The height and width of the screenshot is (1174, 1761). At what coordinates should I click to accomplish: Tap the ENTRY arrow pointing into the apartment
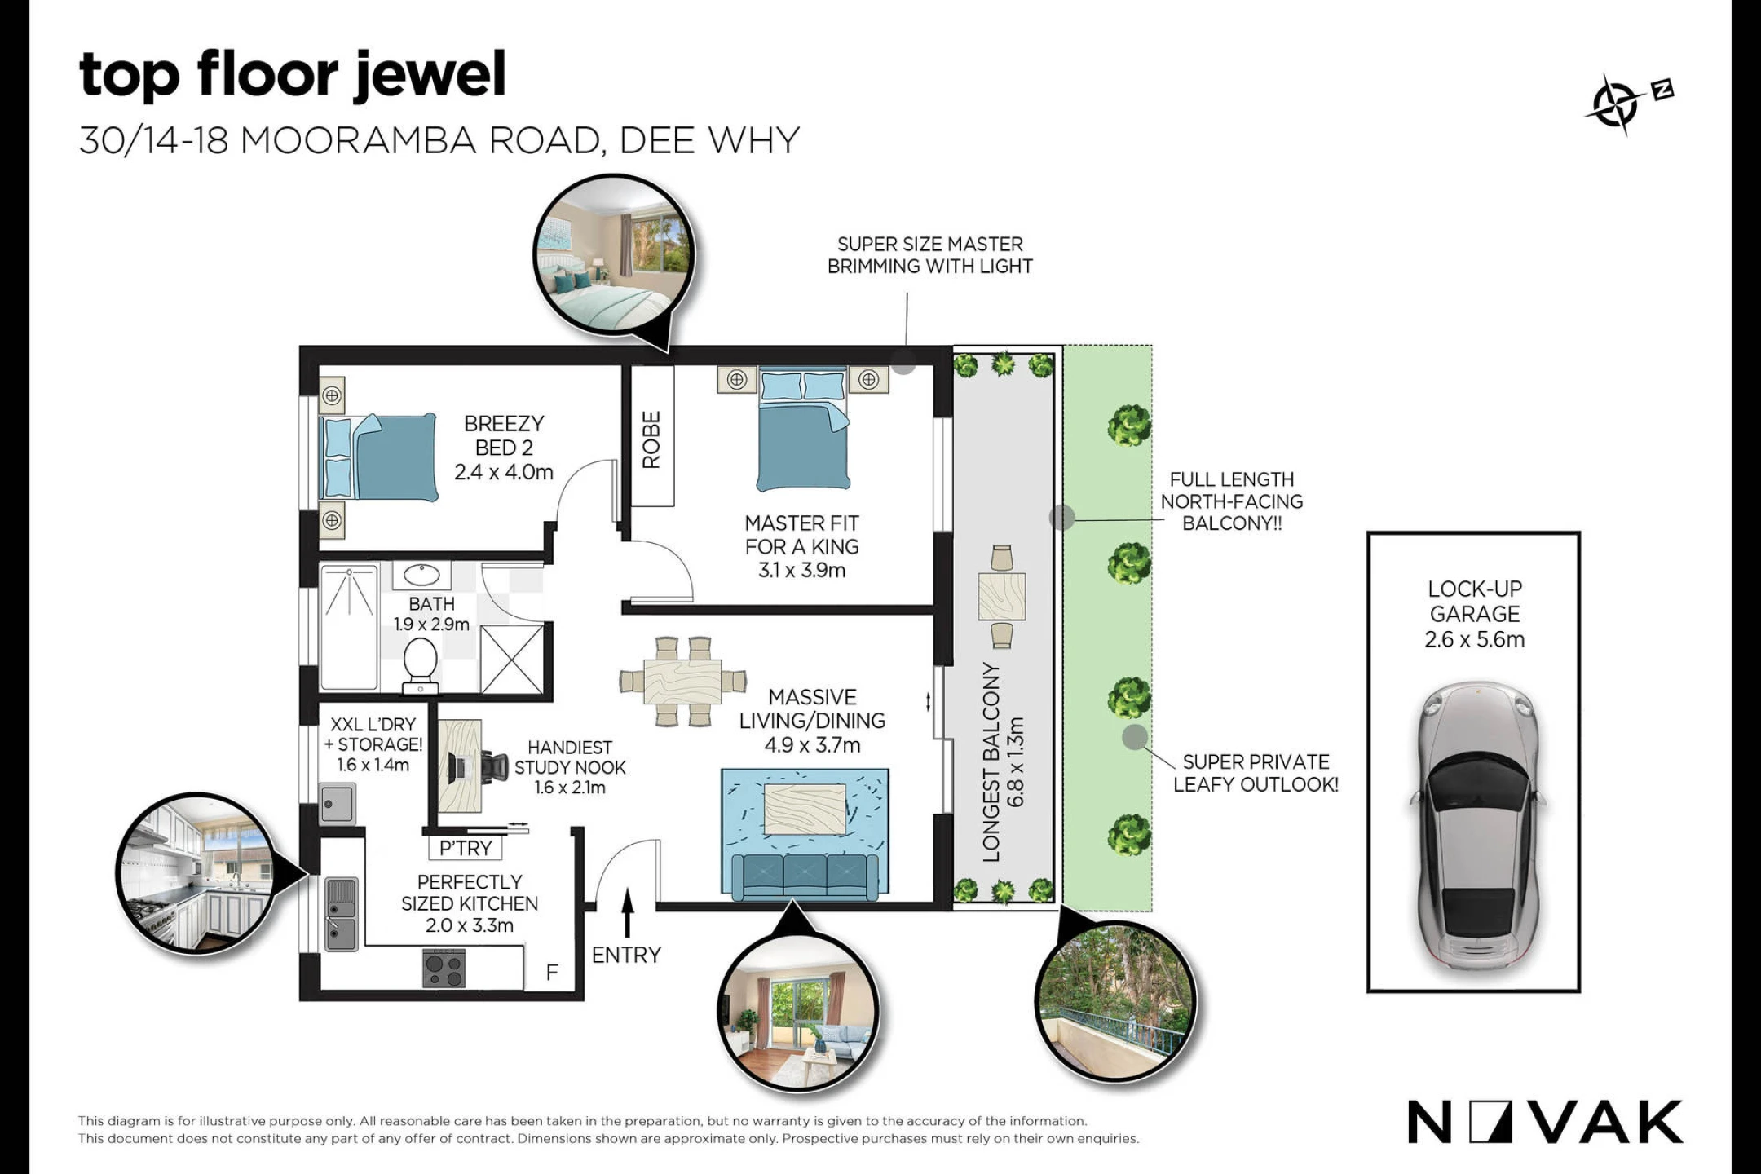coord(627,913)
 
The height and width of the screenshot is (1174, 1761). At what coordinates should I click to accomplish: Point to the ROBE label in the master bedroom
coord(651,439)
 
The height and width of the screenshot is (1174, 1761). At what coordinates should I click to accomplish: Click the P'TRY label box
coord(466,848)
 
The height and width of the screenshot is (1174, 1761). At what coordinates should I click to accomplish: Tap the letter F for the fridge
coord(552,972)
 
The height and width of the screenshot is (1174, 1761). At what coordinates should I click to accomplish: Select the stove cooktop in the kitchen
coord(444,969)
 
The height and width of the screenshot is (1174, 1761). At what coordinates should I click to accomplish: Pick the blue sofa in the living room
coord(805,875)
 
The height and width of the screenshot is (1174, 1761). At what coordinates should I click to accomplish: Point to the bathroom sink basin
coord(422,575)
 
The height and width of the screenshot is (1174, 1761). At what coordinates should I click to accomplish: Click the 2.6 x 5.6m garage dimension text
coord(1474,639)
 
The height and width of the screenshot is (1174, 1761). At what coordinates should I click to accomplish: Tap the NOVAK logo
coord(1544,1122)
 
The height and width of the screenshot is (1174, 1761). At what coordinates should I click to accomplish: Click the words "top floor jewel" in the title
coord(292,74)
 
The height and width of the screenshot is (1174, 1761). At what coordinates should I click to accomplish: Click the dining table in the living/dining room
coord(682,681)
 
